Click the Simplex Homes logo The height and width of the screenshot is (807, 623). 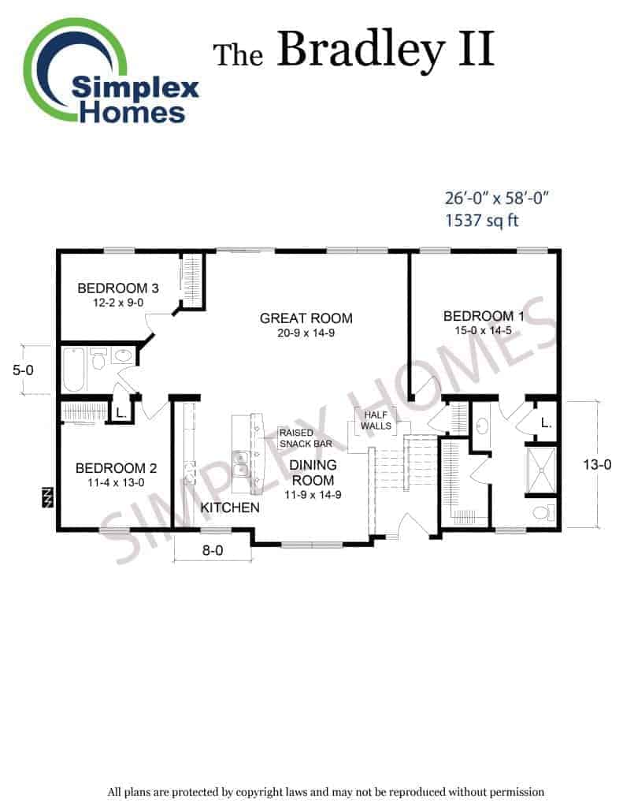point(110,72)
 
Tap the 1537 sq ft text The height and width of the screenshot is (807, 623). point(481,221)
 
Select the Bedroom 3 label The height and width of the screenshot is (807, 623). point(118,288)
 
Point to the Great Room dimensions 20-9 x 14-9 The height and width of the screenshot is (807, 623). point(306,333)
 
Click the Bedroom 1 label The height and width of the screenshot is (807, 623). point(483,316)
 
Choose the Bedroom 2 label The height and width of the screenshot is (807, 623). point(116,468)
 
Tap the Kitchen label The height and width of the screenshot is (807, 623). point(230,508)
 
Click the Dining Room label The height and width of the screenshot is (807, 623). point(313,473)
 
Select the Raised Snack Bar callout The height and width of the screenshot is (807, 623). point(306,438)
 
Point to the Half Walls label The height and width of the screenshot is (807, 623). point(376,421)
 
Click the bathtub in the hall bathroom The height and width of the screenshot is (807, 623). point(73,370)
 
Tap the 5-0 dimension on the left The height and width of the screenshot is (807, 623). point(23,370)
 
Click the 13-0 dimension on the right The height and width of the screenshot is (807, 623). point(597,465)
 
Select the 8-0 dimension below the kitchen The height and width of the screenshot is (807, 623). point(213,551)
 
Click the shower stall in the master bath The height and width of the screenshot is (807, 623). point(541,470)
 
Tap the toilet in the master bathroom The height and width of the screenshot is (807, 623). point(543,512)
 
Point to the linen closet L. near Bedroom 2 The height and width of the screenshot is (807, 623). point(121,413)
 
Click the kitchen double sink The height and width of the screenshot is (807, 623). point(239,463)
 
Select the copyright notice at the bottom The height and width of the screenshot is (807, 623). point(325,792)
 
